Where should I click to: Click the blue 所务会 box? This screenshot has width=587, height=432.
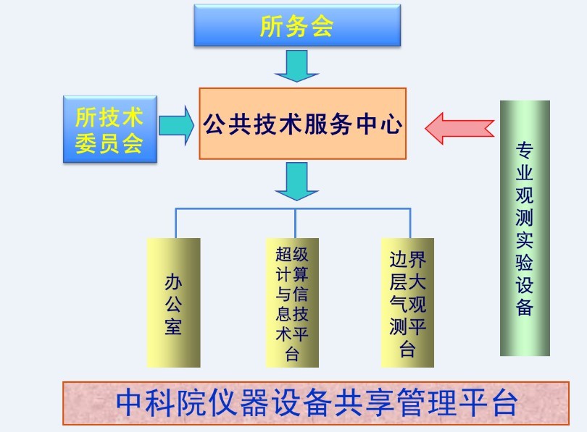click(297, 26)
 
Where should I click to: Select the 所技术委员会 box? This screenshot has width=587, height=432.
click(109, 129)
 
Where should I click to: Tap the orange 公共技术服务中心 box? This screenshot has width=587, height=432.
click(302, 124)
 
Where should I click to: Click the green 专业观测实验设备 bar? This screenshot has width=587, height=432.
click(525, 228)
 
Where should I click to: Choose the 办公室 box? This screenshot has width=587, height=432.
click(173, 302)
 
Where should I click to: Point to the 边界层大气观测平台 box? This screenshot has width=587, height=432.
click(407, 302)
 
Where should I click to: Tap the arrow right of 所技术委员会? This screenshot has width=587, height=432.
click(176, 124)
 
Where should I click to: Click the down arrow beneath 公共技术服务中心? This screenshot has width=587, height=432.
click(296, 180)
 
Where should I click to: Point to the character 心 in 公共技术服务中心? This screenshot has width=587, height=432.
click(391, 124)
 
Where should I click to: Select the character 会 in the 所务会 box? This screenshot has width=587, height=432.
click(322, 26)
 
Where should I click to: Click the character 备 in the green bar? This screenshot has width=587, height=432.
click(525, 306)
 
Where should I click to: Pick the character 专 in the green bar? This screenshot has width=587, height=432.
click(525, 151)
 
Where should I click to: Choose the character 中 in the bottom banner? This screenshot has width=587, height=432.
click(131, 403)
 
